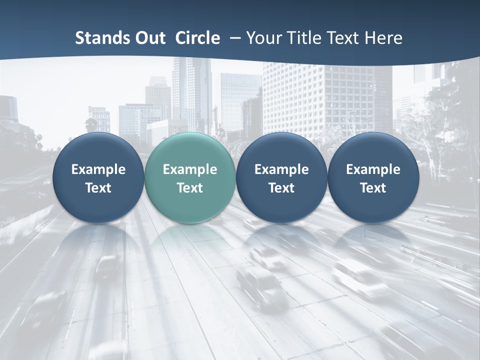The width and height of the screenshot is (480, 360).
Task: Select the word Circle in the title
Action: click(x=197, y=38)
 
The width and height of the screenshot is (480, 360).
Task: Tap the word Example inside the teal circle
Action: click(x=190, y=169)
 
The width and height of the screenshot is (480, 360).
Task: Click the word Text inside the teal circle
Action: click(x=190, y=188)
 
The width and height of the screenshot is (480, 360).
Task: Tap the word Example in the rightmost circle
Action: click(x=373, y=169)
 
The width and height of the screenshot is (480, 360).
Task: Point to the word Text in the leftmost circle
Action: click(x=98, y=188)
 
